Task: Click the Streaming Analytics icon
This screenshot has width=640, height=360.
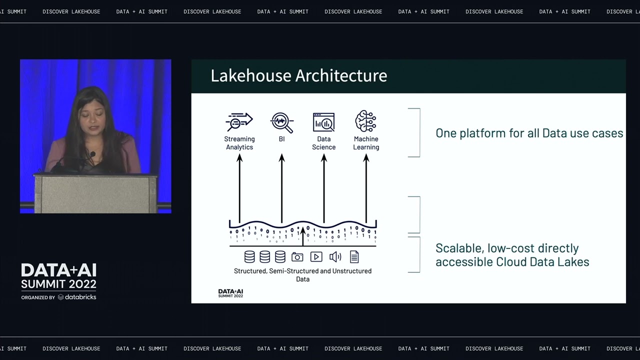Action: [x=239, y=121]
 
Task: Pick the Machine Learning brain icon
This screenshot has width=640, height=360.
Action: [x=365, y=121]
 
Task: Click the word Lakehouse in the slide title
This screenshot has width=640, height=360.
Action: [x=250, y=75]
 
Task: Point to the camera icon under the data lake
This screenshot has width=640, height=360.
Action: [x=297, y=257]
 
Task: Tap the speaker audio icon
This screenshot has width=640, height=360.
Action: [x=335, y=257]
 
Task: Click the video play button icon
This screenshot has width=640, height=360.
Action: [x=316, y=257]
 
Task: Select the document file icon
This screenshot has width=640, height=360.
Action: [x=354, y=257]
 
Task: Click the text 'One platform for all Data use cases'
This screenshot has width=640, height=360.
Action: [x=529, y=133]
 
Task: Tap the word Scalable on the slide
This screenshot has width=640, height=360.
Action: [x=457, y=248]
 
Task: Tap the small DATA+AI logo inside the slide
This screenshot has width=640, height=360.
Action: [x=230, y=293]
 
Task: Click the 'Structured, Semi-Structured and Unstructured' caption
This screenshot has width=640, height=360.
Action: [x=302, y=271]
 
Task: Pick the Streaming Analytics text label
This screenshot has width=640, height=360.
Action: [x=239, y=143]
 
